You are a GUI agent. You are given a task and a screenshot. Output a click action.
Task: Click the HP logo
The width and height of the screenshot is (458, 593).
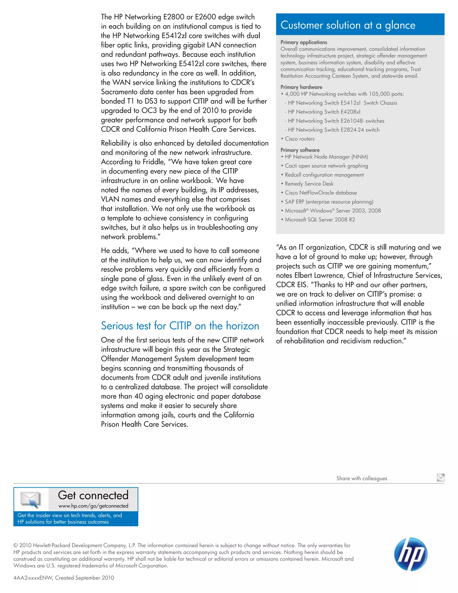(411, 554)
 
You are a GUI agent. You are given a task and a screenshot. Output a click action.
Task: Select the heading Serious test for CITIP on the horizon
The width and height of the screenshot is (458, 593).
(180, 326)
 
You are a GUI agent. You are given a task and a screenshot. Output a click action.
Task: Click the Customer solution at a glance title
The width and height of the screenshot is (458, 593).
(348, 25)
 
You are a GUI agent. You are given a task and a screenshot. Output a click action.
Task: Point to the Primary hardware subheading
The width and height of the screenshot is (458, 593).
(301, 87)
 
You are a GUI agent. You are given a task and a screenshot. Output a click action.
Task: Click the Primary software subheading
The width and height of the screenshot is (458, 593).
(300, 150)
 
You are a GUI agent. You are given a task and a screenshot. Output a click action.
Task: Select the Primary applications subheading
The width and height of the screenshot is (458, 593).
(304, 42)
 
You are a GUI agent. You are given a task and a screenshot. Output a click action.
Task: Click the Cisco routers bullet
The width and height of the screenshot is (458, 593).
(299, 139)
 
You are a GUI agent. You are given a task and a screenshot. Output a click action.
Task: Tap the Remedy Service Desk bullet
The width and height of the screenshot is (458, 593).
(309, 184)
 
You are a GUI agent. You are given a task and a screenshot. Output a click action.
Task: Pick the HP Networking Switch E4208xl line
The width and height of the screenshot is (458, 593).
(324, 112)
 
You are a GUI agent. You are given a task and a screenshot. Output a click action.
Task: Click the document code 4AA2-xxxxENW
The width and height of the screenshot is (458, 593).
(33, 578)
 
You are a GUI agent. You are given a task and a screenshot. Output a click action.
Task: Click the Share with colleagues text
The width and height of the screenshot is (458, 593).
(361, 478)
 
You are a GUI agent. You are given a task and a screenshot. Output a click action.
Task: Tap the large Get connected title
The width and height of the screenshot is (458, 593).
(93, 495)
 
